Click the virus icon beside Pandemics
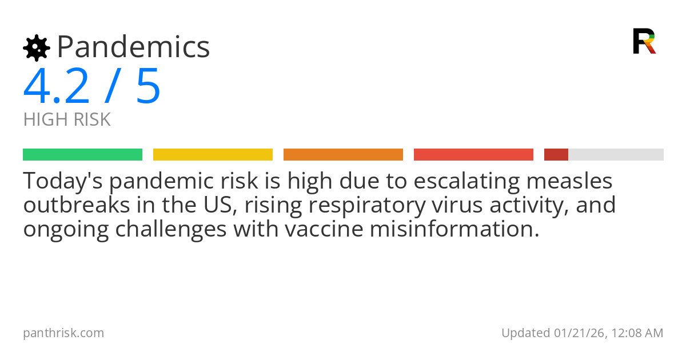point(36,48)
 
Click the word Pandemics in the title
point(133,47)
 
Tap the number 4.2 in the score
point(57,87)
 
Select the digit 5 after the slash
point(148,87)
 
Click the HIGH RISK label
point(67,120)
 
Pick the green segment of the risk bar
point(82,155)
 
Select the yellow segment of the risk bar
point(213,155)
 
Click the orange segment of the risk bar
point(343,155)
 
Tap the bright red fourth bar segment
point(473,155)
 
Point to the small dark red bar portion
point(556,155)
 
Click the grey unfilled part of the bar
point(616,155)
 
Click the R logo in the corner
point(644,41)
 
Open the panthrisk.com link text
point(63,333)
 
